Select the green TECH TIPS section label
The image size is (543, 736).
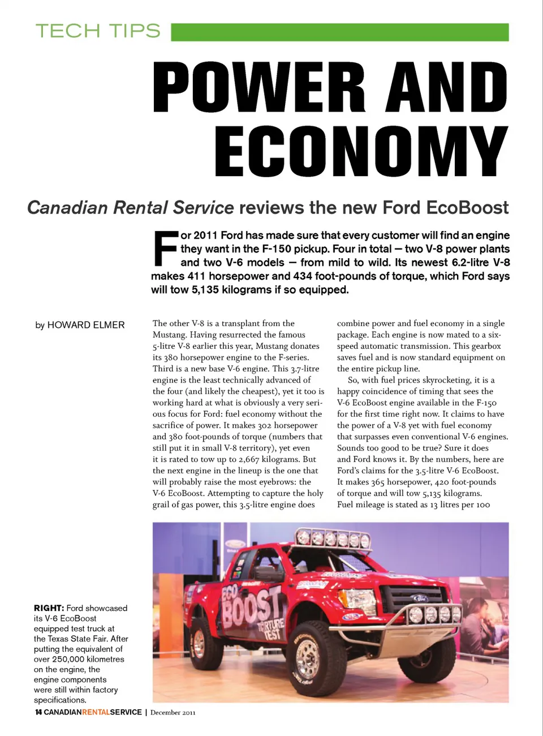tap(98, 31)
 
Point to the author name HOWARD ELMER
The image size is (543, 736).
tap(86, 325)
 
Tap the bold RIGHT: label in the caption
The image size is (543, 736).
tap(49, 608)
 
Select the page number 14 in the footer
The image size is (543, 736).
tap(38, 712)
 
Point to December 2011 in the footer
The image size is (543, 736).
tap(173, 712)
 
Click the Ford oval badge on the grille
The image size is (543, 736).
tap(419, 598)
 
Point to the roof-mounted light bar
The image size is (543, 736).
tap(334, 539)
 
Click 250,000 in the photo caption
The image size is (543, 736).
tap(68, 659)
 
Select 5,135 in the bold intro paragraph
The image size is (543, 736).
tap(205, 290)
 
